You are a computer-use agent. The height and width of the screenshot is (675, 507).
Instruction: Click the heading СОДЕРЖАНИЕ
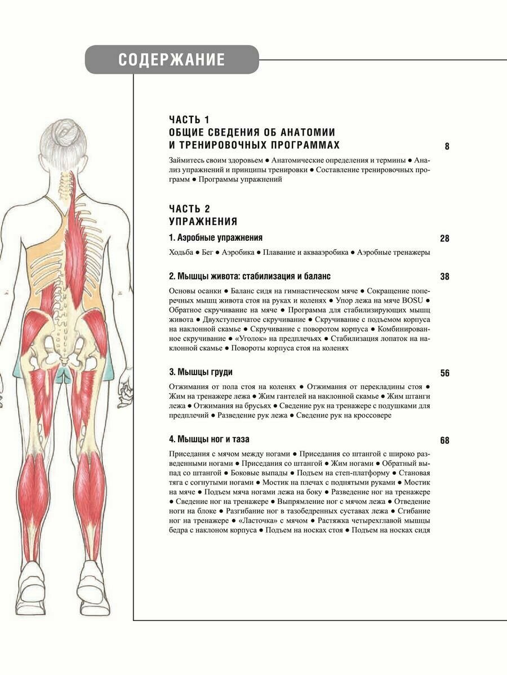pyautogui.click(x=172, y=60)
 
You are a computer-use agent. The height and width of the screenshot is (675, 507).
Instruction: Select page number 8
pyautogui.click(x=447, y=147)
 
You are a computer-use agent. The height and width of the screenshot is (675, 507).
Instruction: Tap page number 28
pyautogui.click(x=444, y=238)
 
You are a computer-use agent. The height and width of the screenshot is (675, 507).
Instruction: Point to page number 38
pyautogui.click(x=444, y=277)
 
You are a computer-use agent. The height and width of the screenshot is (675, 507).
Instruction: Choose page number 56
pyautogui.click(x=444, y=373)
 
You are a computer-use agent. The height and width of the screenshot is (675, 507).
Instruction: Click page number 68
pyautogui.click(x=444, y=440)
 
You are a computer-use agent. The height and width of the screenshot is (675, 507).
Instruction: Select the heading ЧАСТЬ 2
pyautogui.click(x=189, y=209)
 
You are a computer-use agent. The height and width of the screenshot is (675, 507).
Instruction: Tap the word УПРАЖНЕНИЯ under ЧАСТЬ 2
pyautogui.click(x=203, y=222)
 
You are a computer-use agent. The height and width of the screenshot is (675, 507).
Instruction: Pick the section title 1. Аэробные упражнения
pyautogui.click(x=216, y=238)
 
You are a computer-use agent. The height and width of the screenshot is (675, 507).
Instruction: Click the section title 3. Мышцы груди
pyautogui.click(x=201, y=372)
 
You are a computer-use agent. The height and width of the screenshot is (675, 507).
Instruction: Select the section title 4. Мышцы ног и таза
pyautogui.click(x=209, y=439)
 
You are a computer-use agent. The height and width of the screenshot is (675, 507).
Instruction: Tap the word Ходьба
pyautogui.click(x=181, y=253)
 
